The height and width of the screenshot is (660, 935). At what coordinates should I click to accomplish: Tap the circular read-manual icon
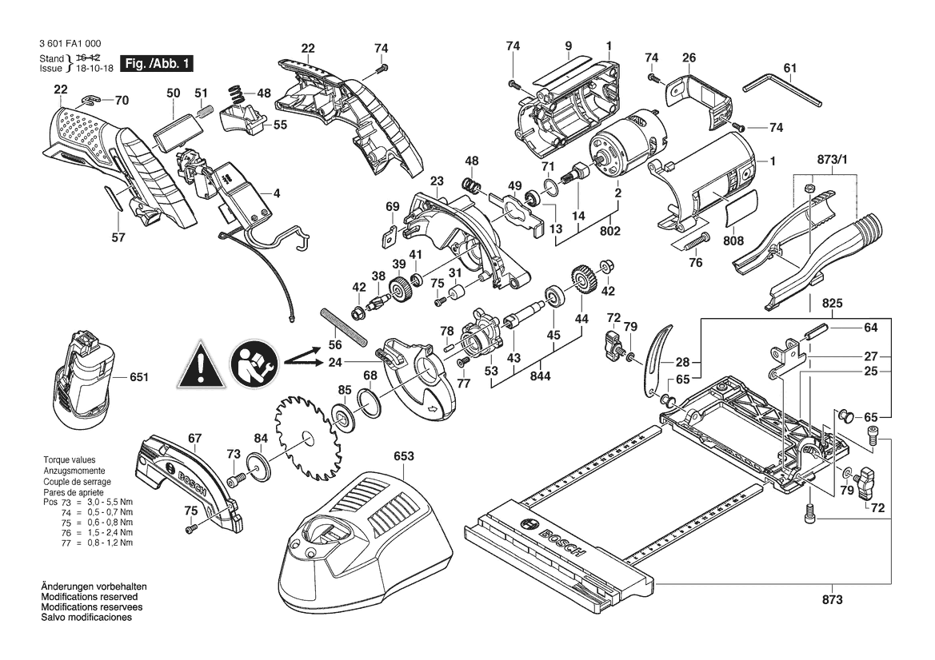point(254,364)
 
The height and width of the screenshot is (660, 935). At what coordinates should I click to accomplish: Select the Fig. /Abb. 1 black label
point(157,64)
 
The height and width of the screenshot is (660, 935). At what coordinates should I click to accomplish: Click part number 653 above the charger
point(403,456)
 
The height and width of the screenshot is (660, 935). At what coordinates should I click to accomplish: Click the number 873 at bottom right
point(832,600)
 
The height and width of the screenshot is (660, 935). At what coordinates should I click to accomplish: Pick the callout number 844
point(540,376)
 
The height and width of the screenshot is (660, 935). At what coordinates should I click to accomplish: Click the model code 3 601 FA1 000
point(70,43)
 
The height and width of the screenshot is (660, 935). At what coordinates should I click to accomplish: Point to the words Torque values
point(69,460)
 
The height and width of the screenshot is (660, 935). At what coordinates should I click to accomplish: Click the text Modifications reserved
point(90,597)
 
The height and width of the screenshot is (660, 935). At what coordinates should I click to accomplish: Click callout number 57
point(118,237)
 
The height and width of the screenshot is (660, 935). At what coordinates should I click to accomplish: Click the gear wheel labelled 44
point(581,279)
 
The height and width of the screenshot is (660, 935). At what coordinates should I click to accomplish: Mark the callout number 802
point(609,230)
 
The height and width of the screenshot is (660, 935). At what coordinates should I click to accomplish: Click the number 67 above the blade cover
point(195,438)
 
